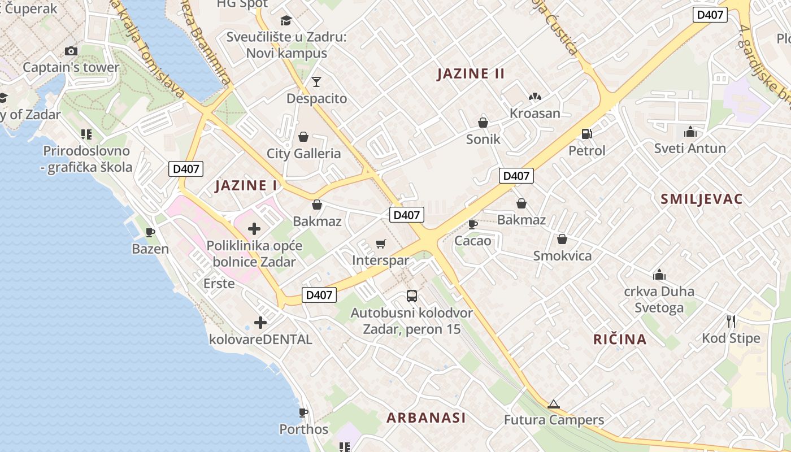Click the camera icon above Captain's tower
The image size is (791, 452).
coord(71,51)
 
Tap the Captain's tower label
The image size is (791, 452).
coord(71,67)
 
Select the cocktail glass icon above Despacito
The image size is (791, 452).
coord(316,82)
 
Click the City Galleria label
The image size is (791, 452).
coord(304,153)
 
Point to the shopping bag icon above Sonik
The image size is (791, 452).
coord(483,122)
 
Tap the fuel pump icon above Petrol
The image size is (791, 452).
coord(587,134)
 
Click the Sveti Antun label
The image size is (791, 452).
coord(690,148)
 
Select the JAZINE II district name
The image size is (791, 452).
coord(471,73)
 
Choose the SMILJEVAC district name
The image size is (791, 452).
coord(702,199)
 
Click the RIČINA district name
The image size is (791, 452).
coord(620,339)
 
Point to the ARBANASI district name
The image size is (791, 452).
coord(426,418)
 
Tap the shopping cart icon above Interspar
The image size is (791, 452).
coord(380,244)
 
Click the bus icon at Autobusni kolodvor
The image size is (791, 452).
coord(412,295)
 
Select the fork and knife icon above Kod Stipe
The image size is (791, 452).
coord(731,321)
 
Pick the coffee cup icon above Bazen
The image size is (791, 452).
coord(150,232)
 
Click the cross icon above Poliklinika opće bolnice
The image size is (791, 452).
coord(254,229)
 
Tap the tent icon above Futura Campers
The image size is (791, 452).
coord(554,403)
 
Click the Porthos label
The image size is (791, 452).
coord(304,429)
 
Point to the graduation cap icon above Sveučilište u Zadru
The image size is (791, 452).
coord(286,20)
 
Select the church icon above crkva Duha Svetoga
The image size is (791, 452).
coord(659,275)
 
